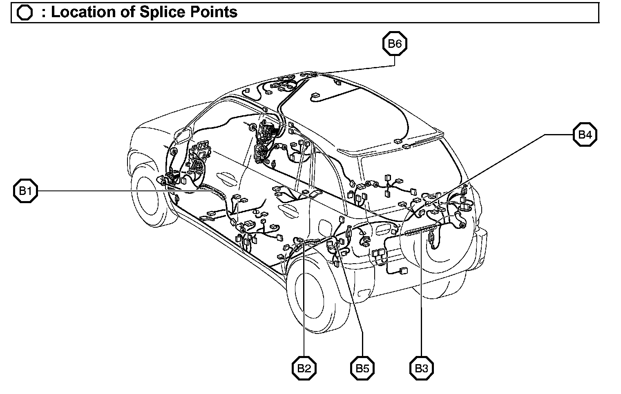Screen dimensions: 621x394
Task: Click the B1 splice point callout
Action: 25,190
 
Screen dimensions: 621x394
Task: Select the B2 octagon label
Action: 304,368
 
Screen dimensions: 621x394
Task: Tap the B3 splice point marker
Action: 421,368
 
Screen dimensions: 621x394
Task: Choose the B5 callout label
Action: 362,368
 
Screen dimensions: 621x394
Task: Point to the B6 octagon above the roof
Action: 395,44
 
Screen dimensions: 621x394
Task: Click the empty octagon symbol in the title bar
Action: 25,13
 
